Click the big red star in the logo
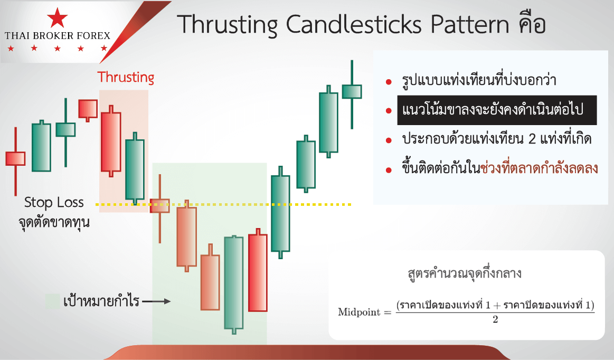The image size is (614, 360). (x=57, y=17)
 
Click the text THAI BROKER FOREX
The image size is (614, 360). (x=58, y=36)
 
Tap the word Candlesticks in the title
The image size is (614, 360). (x=354, y=24)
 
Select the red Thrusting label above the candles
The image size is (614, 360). (x=126, y=77)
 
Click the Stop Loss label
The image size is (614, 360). (x=54, y=203)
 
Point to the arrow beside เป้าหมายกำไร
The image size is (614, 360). (x=157, y=301)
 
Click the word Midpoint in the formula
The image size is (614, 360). (x=359, y=312)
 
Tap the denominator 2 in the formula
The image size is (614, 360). (x=495, y=320)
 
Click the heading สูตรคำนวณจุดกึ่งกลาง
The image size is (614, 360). (x=465, y=273)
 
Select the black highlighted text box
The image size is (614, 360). (x=497, y=110)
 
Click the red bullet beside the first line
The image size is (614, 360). (x=389, y=82)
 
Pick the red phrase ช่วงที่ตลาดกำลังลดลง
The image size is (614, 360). (x=539, y=168)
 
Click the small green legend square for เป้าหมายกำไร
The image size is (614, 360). (x=52, y=301)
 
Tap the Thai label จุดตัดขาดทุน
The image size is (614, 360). (x=54, y=223)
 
